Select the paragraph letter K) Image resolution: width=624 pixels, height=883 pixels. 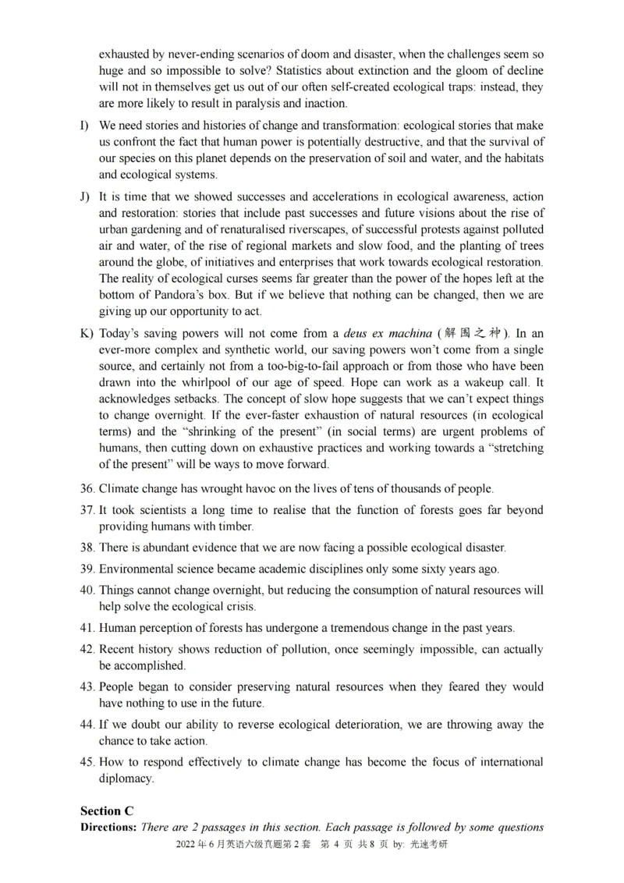[86, 334]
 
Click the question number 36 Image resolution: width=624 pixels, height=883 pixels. [87, 489]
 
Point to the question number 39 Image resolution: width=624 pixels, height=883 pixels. [87, 569]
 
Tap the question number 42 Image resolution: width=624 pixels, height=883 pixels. [87, 649]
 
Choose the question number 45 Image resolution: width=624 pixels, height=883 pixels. [87, 762]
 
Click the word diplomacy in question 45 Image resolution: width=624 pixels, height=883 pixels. [126, 778]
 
